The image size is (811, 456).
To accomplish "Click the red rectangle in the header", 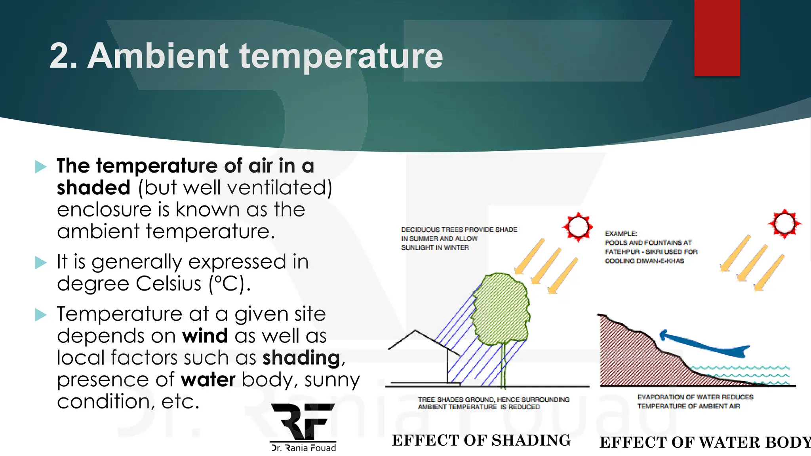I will coord(717,38).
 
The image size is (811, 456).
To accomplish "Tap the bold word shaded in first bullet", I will coord(93,188).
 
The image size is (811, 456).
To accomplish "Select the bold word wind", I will coord(205,336).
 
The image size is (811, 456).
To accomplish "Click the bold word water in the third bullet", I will coord(208,380).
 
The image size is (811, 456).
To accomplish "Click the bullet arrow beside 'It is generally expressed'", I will coord(41,262).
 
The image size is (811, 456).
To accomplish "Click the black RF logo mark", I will coord(303,422).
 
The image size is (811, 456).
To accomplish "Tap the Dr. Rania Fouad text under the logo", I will coord(303,448).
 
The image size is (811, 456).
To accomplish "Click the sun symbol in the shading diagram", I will coord(578,227).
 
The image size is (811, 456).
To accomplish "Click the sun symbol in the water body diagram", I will coord(784,224).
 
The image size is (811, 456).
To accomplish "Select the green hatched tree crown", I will coord(501,309).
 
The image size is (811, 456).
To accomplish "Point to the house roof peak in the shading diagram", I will coord(415,331).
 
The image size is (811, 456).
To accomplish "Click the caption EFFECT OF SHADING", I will coord(481,441).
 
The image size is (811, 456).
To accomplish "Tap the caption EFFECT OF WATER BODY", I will coord(705,443).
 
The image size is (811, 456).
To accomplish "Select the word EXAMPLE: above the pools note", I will coord(621,234).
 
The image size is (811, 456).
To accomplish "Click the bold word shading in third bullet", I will coord(301,358).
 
